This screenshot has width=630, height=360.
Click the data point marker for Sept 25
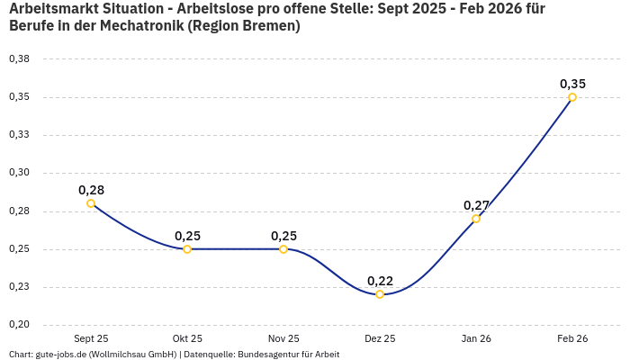91,203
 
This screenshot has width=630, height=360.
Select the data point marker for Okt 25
187,249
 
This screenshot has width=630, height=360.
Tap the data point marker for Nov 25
283,249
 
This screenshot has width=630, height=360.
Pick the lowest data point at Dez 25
380,294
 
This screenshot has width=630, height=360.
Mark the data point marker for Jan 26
476,219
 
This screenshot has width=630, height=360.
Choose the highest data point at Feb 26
572,97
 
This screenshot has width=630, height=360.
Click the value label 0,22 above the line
380,281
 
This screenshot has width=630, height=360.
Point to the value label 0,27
476,205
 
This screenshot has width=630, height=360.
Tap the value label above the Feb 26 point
572,84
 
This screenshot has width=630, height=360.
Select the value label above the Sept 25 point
91,190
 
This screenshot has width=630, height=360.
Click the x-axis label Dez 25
380,338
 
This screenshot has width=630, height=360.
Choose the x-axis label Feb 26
572,338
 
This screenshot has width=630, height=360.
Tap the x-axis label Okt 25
187,338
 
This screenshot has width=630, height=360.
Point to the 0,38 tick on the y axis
19,59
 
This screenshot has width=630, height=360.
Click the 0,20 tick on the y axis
19,325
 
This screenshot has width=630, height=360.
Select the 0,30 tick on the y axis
19,173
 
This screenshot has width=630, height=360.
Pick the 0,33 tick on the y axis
19,135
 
